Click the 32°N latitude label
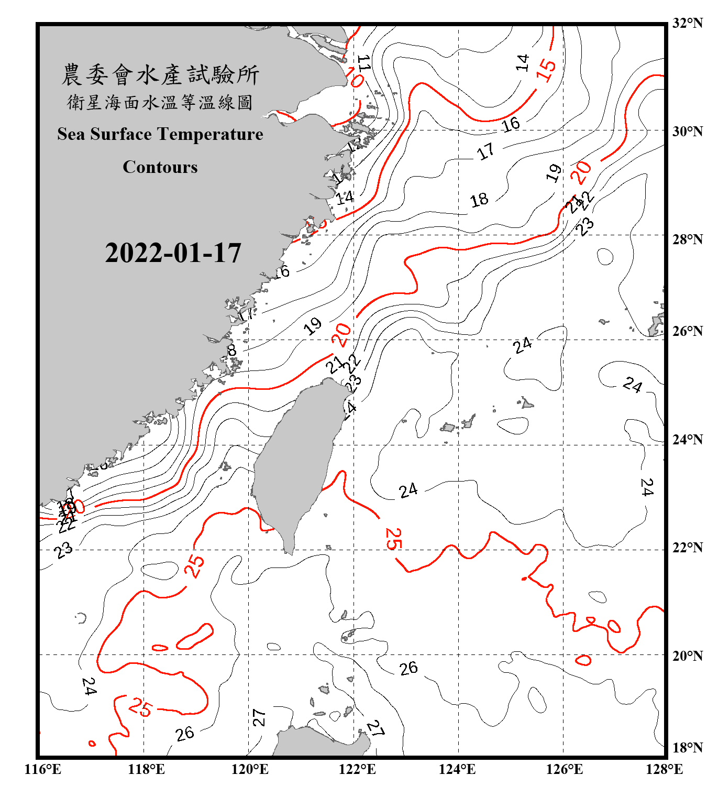click(687, 23)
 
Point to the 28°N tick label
click(687, 239)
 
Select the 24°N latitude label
click(687, 439)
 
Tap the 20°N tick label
click(687, 655)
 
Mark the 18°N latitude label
click(687, 747)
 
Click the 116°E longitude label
click(43, 769)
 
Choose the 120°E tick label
click(250, 769)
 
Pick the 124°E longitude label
click(457, 769)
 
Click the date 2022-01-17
click(173, 253)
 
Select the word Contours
click(160, 167)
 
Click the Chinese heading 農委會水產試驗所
click(160, 74)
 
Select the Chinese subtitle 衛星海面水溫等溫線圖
click(160, 102)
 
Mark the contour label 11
click(363, 63)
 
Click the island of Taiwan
click(296, 461)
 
